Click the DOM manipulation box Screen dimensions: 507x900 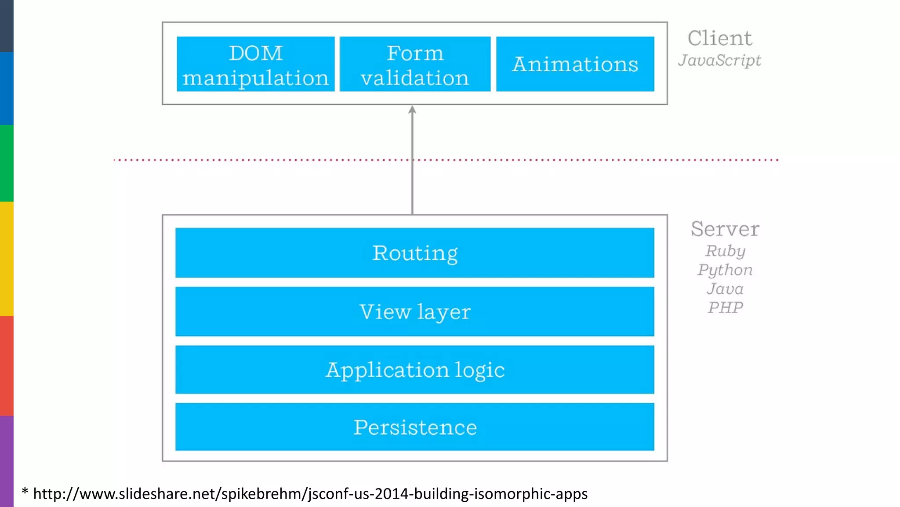pos(255,64)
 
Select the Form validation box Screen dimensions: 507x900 pos(415,64)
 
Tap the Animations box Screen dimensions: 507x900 pos(575,64)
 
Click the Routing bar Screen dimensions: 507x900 pos(414,253)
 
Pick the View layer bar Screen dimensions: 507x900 pos(414,312)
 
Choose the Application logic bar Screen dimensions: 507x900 pos(414,370)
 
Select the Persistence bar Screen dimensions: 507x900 pos(414,427)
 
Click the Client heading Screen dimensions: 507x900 pos(719,38)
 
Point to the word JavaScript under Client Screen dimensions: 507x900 pos(719,60)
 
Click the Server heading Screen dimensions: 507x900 pos(725,229)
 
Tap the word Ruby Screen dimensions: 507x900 pos(725,251)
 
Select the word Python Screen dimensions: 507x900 pos(725,270)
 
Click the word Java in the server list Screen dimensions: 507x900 pos(725,289)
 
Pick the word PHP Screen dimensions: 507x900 pos(725,307)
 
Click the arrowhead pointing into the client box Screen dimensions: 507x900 pos(412,110)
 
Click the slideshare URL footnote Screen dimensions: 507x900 pos(310,494)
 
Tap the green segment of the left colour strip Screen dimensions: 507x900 pos(7,163)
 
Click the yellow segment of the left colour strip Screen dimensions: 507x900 pos(7,258)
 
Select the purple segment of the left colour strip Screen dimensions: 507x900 pos(7,461)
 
